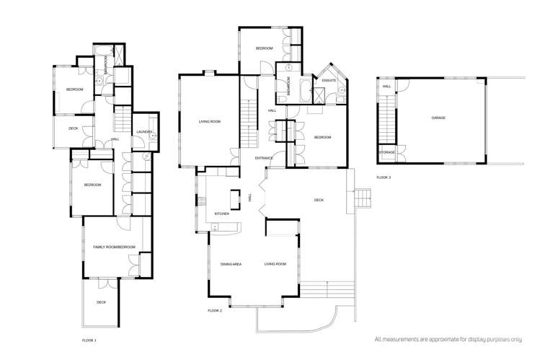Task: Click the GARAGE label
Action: click(438, 117)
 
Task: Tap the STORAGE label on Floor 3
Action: click(386, 153)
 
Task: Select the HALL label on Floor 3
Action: click(386, 87)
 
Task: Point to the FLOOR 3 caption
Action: click(384, 177)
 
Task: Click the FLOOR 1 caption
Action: click(89, 338)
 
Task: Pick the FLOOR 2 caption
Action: click(214, 310)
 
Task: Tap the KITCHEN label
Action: click(222, 214)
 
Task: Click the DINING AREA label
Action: click(231, 265)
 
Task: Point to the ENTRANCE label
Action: click(264, 158)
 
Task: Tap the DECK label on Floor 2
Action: click(318, 201)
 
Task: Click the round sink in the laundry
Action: click(153, 135)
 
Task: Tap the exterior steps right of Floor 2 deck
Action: click(363, 196)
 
